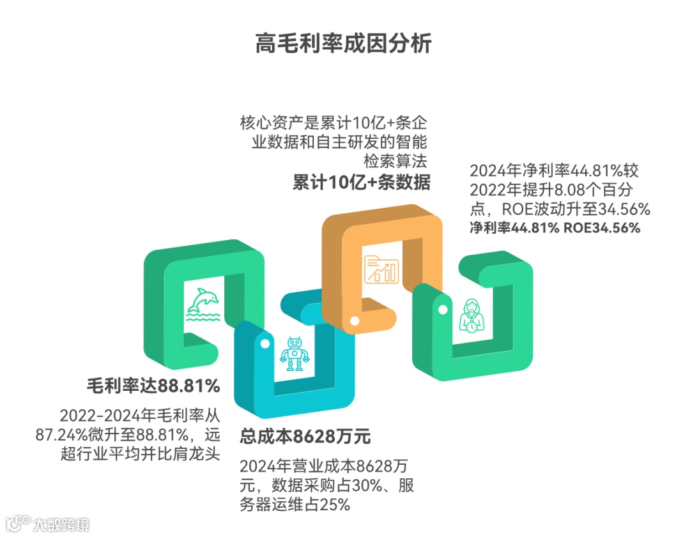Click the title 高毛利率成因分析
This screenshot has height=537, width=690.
tap(344, 44)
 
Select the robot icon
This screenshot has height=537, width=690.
tap(294, 354)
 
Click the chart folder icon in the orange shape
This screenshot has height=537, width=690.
tap(381, 269)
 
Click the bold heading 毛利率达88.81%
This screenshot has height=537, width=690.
tap(153, 386)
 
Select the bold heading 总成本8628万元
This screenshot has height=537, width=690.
tap(305, 437)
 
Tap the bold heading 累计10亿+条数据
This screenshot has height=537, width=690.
tap(361, 182)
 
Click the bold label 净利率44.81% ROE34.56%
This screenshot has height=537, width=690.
tap(555, 228)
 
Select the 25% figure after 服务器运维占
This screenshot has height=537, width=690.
tap(335, 504)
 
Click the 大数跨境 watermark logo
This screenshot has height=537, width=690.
tap(48, 524)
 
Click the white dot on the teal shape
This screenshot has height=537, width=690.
tap(264, 344)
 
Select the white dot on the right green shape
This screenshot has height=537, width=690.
tap(440, 309)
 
